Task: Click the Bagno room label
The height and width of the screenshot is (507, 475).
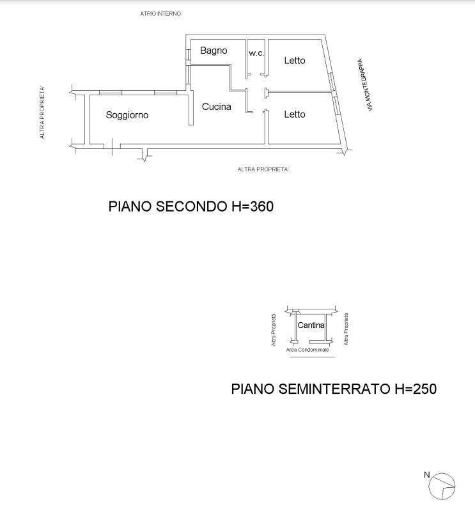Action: click(x=214, y=51)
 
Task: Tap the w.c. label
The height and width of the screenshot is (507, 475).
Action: click(x=256, y=53)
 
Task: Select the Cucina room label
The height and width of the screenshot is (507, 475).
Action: click(x=216, y=107)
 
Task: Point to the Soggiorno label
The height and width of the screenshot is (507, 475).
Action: click(x=127, y=115)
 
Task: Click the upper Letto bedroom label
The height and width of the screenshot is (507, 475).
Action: click(x=295, y=61)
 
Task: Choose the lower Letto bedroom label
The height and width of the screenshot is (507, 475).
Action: click(x=295, y=114)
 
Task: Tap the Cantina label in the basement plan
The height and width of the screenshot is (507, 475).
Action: click(x=311, y=325)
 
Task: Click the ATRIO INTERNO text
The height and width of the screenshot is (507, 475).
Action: click(x=160, y=14)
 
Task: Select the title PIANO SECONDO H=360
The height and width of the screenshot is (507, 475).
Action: click(x=191, y=207)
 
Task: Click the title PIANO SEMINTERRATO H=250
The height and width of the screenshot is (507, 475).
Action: click(x=334, y=389)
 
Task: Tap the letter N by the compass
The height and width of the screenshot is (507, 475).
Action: click(x=427, y=474)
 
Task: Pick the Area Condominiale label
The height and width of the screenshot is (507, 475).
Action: click(x=307, y=350)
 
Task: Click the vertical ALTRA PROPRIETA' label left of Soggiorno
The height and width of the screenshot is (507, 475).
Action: click(x=42, y=113)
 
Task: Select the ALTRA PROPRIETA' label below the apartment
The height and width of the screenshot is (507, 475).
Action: click(x=263, y=169)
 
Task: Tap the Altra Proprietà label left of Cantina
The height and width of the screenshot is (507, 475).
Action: click(x=274, y=330)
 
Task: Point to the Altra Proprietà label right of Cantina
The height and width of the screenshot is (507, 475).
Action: click(x=346, y=329)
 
